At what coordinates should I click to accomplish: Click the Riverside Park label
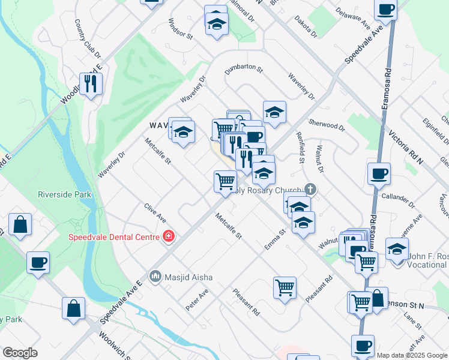tap(64, 194)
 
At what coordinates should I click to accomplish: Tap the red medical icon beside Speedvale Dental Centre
tap(169, 236)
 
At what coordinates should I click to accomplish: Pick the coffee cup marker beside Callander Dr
tap(379, 174)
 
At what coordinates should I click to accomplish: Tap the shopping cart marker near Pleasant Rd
tap(285, 287)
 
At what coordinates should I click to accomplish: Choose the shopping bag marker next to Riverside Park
tap(20, 225)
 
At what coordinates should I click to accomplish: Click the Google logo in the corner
tap(20, 353)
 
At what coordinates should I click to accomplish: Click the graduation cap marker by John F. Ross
tap(397, 248)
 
